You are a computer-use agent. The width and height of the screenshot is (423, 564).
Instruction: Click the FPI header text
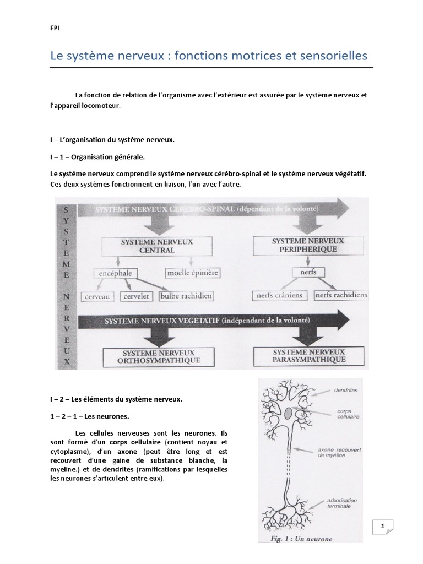pos(54,31)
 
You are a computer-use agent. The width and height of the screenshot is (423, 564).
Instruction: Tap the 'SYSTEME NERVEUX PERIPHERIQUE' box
pos(308,245)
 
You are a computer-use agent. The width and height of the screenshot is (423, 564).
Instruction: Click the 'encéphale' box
pos(117,273)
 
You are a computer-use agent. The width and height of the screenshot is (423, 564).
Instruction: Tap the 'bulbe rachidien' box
pos(186,296)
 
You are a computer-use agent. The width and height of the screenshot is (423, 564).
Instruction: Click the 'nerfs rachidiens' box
pos(341,295)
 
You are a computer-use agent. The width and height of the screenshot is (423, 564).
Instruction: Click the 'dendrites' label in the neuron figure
pos(345,390)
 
